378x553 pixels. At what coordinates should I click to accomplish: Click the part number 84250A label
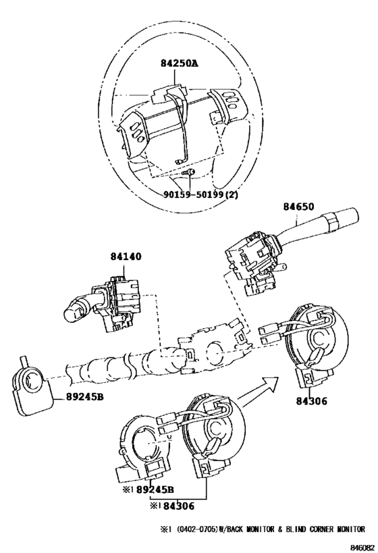[180, 63]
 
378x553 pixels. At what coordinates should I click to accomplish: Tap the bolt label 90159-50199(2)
[200, 194]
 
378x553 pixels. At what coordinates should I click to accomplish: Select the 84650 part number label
[298, 207]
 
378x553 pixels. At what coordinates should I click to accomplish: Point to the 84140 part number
[126, 257]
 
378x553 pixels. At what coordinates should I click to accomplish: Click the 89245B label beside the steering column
[84, 397]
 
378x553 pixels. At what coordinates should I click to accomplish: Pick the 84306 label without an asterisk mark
[311, 401]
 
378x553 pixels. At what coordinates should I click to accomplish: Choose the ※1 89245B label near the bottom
[148, 490]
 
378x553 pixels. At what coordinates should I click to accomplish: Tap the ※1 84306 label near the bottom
[172, 506]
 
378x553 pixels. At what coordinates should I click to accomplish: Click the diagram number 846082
[362, 548]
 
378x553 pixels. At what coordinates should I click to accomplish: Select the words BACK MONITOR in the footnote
[251, 529]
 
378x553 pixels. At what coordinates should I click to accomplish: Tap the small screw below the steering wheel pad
[188, 172]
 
